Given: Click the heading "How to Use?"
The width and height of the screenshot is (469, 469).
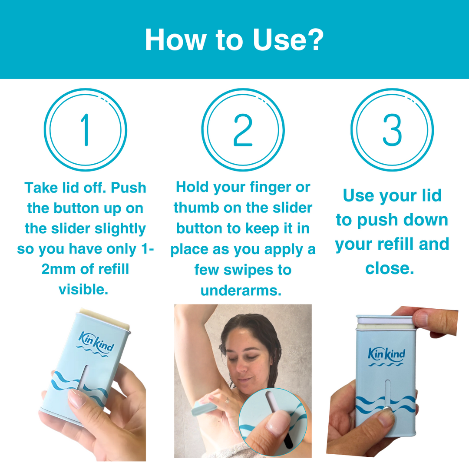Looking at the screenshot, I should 234,40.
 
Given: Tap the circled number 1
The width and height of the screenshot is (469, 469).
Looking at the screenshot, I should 85,130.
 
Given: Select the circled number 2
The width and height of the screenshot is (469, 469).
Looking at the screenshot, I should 243,130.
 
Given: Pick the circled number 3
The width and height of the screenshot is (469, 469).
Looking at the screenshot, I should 392,130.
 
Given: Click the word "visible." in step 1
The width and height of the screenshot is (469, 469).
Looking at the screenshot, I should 83,289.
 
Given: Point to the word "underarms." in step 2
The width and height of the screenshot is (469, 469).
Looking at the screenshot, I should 241,291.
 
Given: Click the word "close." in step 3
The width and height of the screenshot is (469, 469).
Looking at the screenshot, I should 390,268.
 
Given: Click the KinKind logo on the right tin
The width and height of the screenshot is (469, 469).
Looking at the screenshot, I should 386,355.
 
